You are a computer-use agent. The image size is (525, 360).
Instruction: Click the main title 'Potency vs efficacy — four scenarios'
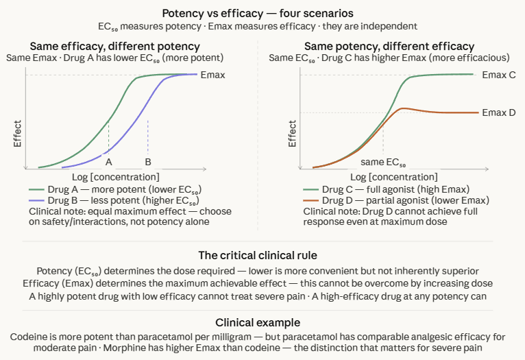click(262, 13)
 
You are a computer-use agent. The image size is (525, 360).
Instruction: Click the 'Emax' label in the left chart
click(212, 75)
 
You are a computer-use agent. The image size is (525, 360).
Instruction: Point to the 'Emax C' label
click(499, 74)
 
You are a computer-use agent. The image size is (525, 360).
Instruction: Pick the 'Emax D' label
click(499, 112)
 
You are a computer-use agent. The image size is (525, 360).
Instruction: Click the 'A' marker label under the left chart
click(108, 162)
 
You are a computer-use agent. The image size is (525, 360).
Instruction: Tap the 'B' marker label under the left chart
click(147, 162)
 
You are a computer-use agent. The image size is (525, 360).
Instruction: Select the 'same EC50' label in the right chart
click(384, 163)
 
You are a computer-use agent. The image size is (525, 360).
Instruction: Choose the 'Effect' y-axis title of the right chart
click(293, 134)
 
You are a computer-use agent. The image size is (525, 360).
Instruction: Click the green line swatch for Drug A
click(37, 189)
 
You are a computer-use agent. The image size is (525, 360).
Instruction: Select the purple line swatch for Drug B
click(37, 200)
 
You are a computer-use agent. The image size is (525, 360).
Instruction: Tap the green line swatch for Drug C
click(311, 189)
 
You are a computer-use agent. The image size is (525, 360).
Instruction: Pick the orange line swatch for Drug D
click(311, 200)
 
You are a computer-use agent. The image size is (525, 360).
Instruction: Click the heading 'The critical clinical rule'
click(262, 255)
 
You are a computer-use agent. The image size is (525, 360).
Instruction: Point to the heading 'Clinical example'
click(262, 322)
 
